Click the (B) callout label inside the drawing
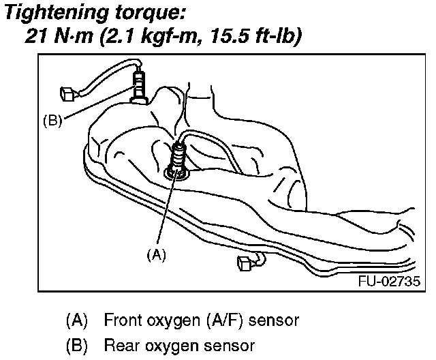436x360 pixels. [52, 121]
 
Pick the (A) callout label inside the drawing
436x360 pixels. [157, 254]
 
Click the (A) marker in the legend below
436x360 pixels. [77, 319]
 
